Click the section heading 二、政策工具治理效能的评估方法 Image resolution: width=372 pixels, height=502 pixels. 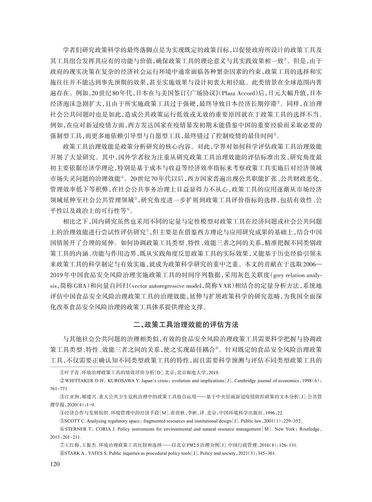click(186, 324)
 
